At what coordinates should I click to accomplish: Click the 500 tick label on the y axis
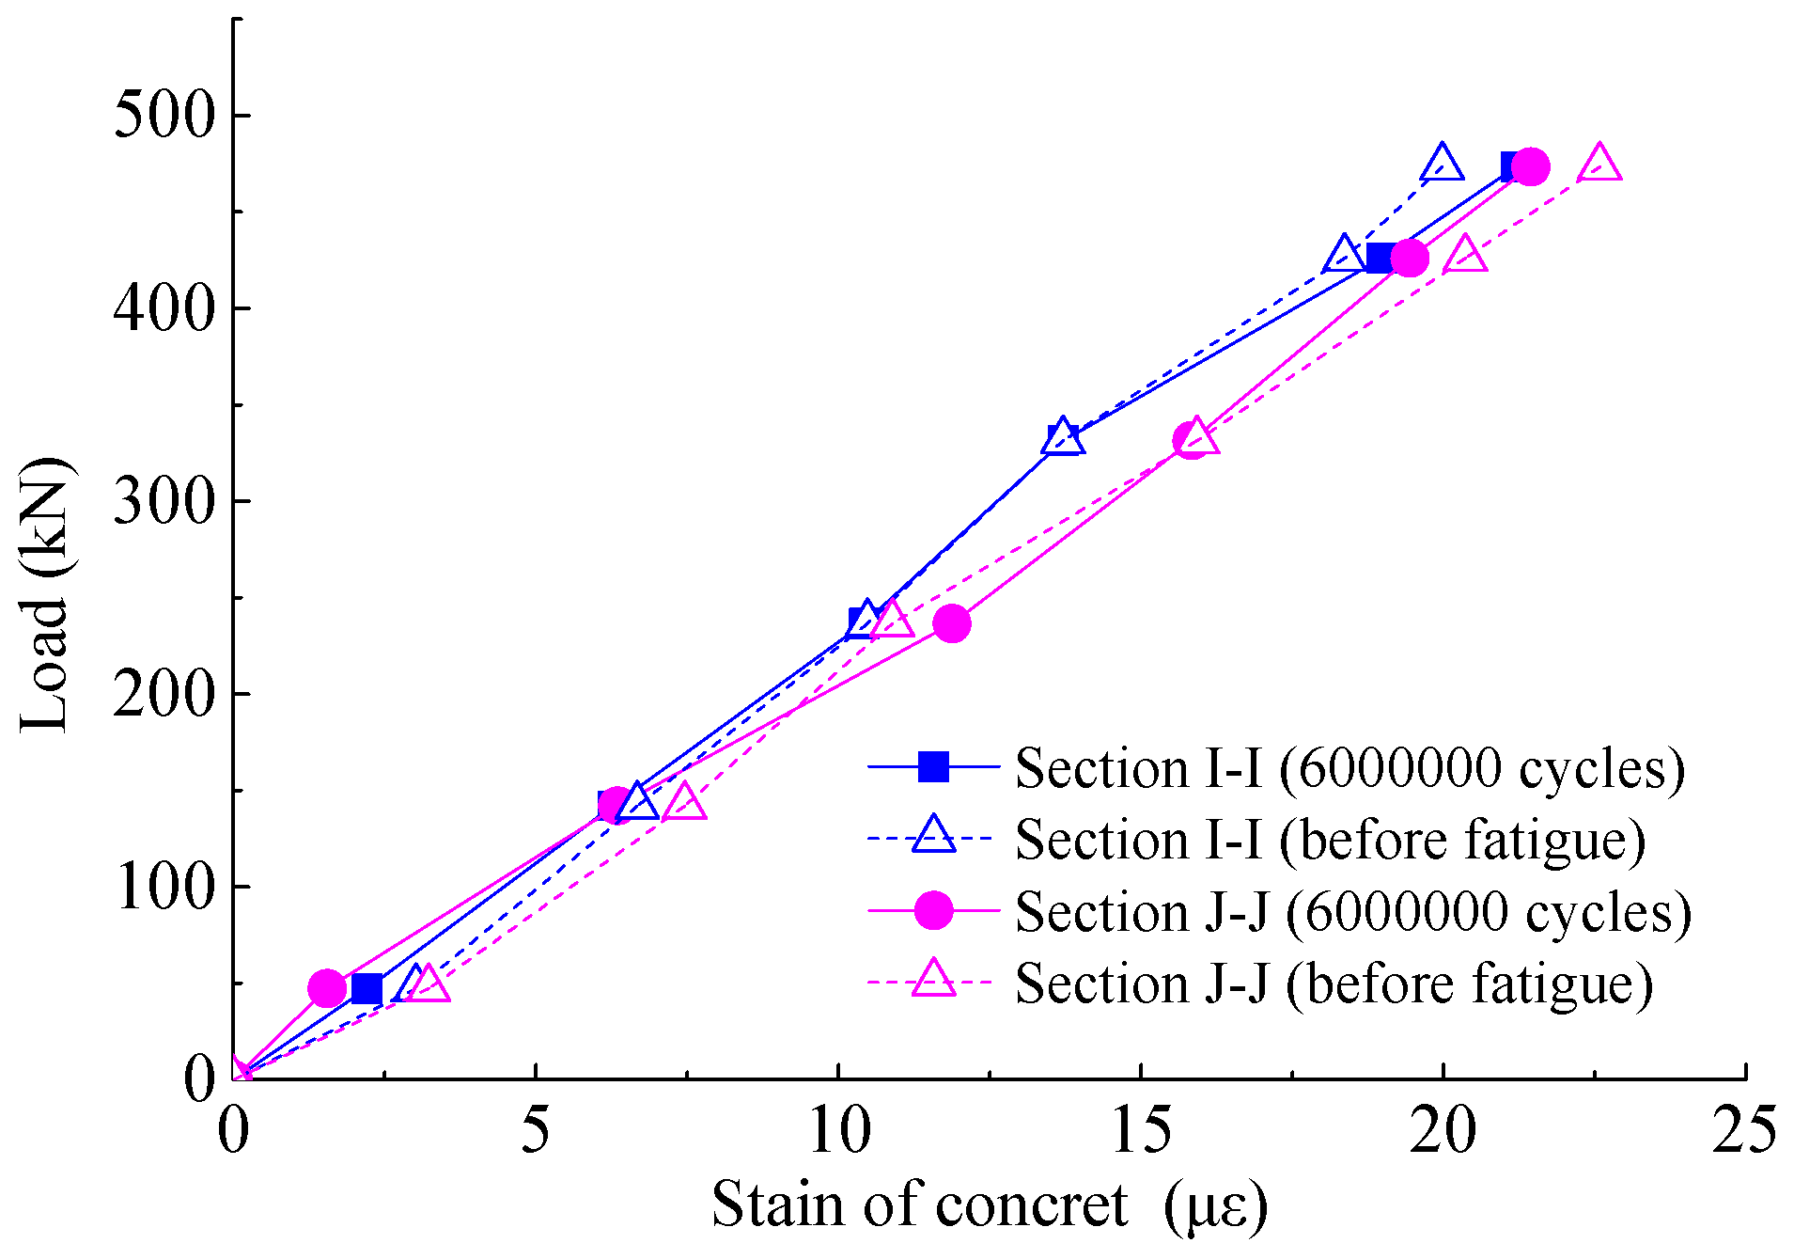164,118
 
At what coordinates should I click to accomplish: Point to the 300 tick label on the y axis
164,502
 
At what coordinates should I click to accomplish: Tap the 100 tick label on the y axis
164,887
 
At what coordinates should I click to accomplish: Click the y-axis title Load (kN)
45,594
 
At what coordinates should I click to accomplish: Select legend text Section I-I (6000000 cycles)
1349,768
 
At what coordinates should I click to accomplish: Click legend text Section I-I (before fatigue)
1330,840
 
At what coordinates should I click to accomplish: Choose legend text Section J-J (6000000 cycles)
1353,912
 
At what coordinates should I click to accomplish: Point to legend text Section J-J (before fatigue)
1334,984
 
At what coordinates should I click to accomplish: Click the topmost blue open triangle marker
1442,165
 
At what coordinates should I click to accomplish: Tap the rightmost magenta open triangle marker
1599,165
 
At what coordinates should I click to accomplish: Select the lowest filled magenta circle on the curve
327,988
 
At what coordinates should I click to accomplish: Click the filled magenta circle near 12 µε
952,623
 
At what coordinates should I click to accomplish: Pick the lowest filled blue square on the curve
367,989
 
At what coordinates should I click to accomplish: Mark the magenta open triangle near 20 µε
1465,256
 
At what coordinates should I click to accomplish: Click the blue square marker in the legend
933,767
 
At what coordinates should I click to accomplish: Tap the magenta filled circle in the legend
933,911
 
